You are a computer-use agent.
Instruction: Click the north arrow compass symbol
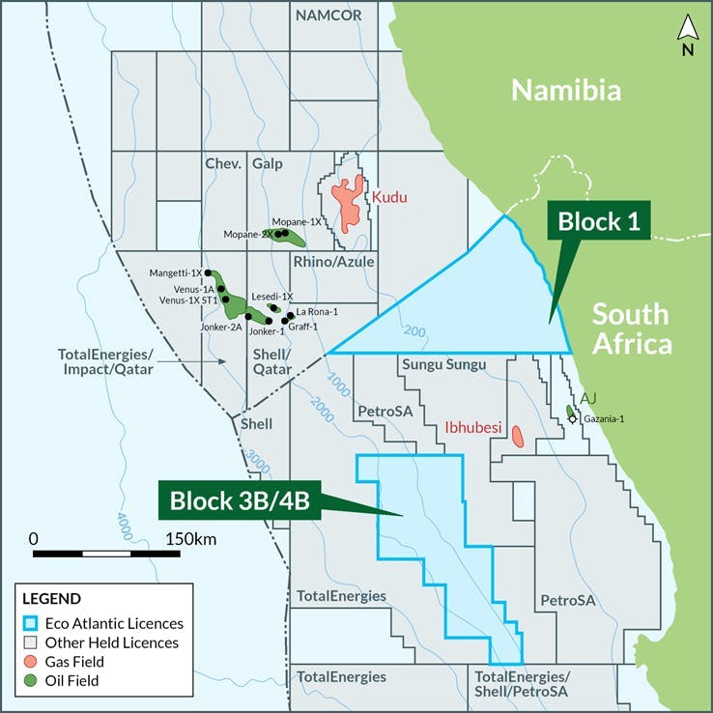[687, 37]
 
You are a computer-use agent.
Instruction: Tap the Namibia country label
[564, 91]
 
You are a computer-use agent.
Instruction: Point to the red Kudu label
[390, 197]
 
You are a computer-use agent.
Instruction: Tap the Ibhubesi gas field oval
[517, 436]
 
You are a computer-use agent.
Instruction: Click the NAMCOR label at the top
[328, 15]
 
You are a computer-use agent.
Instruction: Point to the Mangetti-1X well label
[176, 273]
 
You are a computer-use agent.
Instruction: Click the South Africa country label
[630, 328]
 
